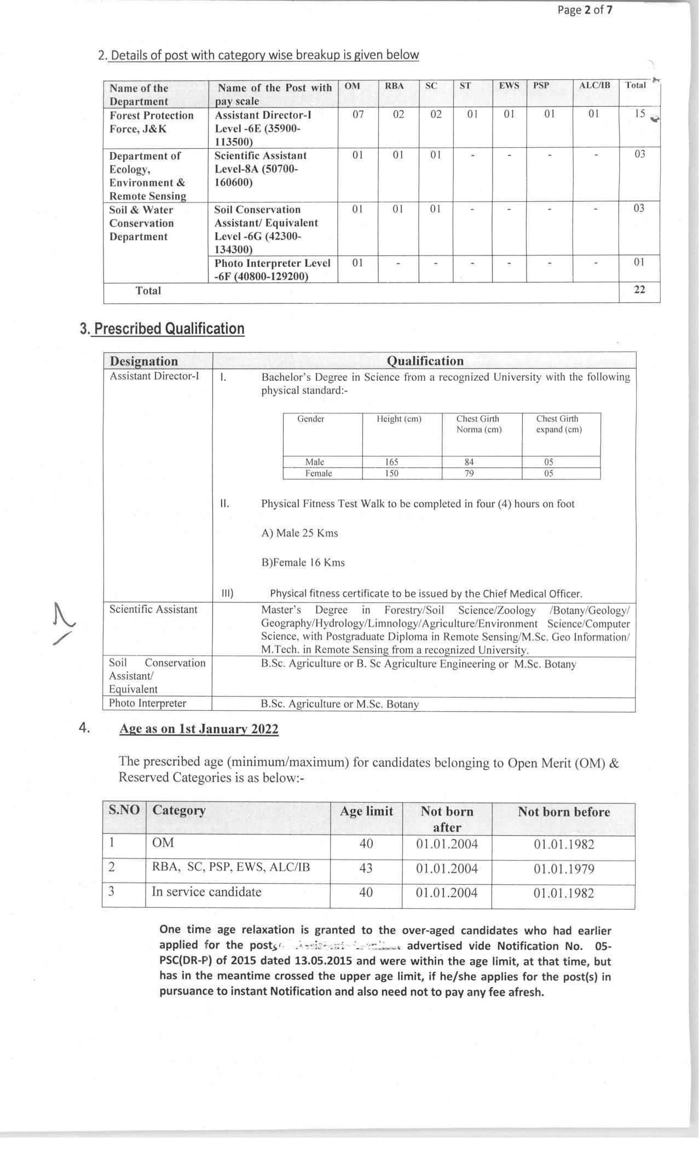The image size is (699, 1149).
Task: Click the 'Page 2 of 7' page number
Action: [x=585, y=10]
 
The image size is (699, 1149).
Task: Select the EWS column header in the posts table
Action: [x=509, y=86]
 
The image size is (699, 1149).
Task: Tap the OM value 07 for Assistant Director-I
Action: [x=357, y=114]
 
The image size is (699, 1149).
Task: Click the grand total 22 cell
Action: [x=639, y=290]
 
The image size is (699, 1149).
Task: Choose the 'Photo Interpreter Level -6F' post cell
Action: [x=272, y=270]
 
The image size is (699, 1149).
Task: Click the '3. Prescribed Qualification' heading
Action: [x=162, y=329]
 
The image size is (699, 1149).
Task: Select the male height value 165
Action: [x=391, y=462]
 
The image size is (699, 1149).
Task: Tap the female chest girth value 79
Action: [x=469, y=473]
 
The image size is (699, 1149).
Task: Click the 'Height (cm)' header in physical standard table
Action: [x=399, y=419]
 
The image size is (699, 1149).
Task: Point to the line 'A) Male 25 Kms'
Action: [x=299, y=533]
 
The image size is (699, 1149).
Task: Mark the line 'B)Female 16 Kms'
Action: [x=303, y=562]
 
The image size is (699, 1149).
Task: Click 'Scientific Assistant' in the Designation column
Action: [x=153, y=610]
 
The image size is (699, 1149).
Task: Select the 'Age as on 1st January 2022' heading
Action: [x=199, y=729]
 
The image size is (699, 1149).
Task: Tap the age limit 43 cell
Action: [x=366, y=868]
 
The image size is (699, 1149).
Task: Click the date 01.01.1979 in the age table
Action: [x=563, y=869]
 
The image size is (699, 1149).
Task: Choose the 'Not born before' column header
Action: [x=563, y=812]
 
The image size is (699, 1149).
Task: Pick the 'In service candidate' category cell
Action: [x=206, y=892]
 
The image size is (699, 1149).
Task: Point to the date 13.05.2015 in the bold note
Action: [x=324, y=961]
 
